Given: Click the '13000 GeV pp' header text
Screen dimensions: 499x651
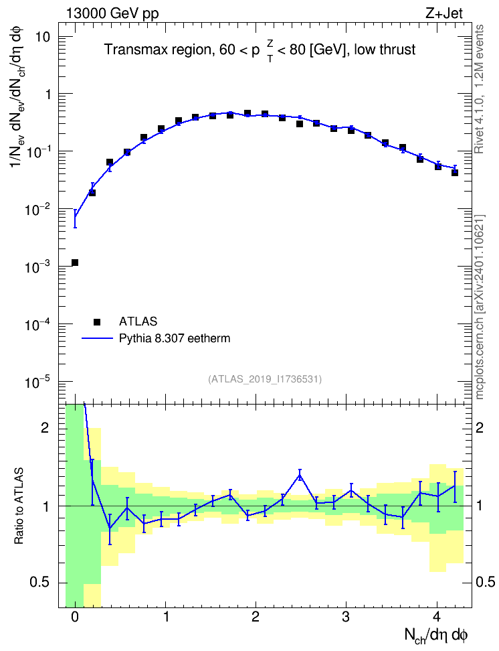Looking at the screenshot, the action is point(112,13).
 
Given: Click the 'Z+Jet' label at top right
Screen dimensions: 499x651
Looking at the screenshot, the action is point(444,13).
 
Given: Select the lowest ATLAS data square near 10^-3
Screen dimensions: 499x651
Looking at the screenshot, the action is point(75,263).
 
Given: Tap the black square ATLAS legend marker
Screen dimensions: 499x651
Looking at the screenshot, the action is point(97,321).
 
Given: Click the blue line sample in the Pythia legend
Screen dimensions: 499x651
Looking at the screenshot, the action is point(97,338).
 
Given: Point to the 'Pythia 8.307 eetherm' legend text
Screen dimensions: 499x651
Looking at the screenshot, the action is point(175,339).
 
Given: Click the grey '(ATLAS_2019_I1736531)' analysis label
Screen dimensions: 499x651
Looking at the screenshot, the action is point(265,379).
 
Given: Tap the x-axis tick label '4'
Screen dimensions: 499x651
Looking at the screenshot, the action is point(437,617).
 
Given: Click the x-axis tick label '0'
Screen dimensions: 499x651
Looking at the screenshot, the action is point(75,617).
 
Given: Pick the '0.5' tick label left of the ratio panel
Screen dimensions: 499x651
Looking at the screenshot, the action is point(40,583).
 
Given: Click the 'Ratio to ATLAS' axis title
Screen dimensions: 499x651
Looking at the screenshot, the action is point(19,506).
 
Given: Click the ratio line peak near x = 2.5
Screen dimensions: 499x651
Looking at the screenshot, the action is point(300,476).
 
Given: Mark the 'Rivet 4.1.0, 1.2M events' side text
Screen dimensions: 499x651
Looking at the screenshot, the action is point(479,89).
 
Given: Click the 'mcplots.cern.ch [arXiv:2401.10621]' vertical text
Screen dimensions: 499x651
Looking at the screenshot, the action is point(480,307).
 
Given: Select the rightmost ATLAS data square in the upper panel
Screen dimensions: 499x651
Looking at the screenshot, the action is point(455,173).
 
